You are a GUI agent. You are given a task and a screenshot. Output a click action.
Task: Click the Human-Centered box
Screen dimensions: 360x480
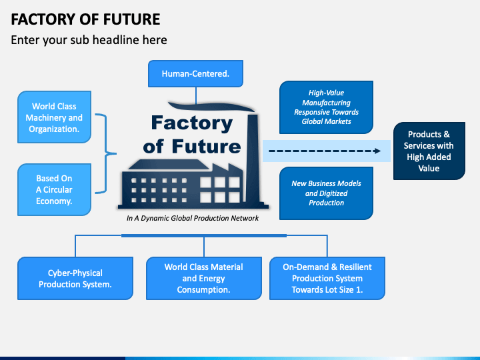[x=195, y=74]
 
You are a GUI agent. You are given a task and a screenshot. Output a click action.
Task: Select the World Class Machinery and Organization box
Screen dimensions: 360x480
[x=53, y=117]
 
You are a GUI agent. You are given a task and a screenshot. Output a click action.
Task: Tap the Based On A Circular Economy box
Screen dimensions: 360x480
[x=53, y=189]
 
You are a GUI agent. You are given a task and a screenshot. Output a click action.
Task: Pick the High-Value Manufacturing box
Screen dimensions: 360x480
[x=326, y=107]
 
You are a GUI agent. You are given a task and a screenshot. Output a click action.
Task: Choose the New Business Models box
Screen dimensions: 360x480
[x=326, y=193]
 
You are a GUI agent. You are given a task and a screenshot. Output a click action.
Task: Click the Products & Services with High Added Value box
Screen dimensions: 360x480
[x=429, y=151]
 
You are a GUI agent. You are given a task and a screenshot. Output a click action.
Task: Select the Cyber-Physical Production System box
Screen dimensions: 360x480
[x=75, y=278]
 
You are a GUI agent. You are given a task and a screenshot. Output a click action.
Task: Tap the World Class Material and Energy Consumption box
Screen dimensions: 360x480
[x=203, y=278]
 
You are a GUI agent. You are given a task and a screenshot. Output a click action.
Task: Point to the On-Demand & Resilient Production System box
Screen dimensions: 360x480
[x=327, y=278]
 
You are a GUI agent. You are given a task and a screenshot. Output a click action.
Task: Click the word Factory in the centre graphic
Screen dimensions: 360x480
[x=191, y=123]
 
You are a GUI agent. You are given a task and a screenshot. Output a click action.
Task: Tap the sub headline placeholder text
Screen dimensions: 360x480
[x=89, y=40]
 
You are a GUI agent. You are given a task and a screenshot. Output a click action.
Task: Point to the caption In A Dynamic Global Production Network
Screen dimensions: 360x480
[x=193, y=218]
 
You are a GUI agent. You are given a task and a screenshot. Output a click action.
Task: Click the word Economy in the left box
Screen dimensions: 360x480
[x=53, y=201]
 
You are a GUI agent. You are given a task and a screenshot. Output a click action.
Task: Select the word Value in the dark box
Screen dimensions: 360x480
[x=429, y=168]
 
